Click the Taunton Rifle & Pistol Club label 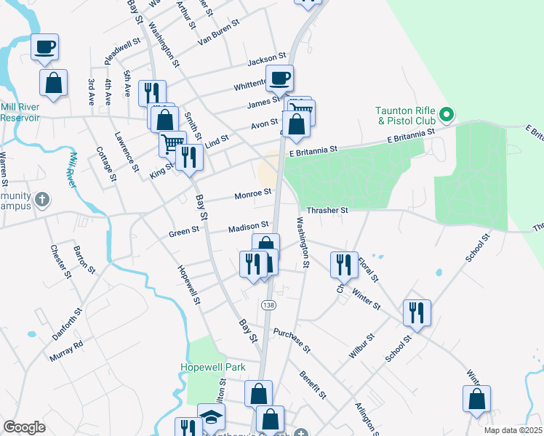point(405,116)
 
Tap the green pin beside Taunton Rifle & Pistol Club point(448,114)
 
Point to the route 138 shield point(269,304)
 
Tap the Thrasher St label point(328,210)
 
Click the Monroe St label point(252,194)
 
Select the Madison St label point(249,227)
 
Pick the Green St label point(184,233)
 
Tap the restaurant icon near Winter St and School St point(417,312)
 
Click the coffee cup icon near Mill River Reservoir point(44,47)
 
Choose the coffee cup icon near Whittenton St point(279,77)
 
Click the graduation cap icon point(211,416)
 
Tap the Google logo point(24,427)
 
